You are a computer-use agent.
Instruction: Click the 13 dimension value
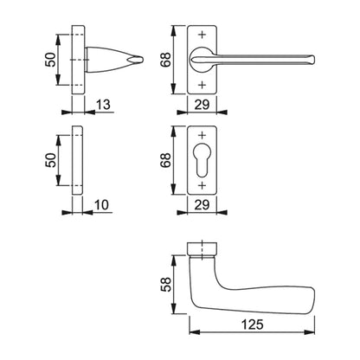pos(103,105)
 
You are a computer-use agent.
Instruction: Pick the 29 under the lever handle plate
pos(202,105)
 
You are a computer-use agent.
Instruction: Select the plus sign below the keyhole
pos(202,186)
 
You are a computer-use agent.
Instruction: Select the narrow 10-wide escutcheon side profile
pos(80,161)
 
